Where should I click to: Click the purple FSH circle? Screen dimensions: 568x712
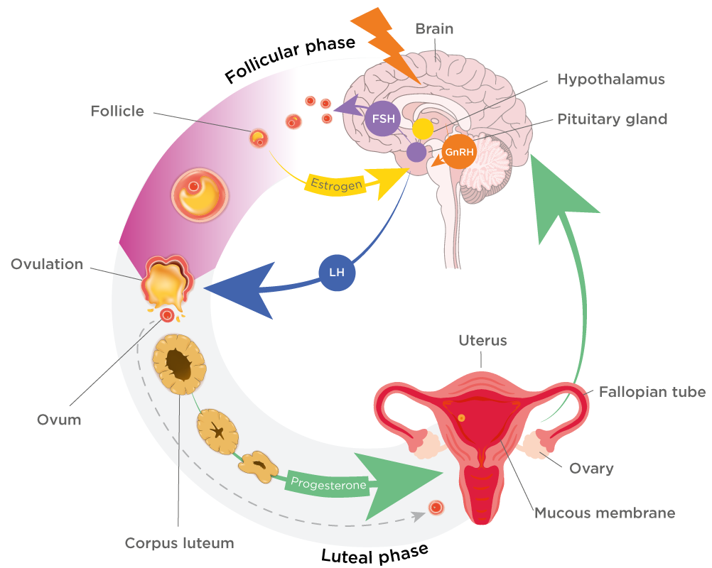click(382, 119)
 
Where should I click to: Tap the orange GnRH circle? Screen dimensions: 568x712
click(459, 152)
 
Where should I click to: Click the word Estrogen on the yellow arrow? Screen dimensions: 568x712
click(336, 185)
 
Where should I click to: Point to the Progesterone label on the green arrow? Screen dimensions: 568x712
click(328, 485)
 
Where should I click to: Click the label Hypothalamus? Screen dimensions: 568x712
click(611, 80)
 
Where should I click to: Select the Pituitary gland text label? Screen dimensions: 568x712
click(612, 119)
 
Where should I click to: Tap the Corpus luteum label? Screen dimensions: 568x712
click(179, 543)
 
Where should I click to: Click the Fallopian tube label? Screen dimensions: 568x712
click(652, 391)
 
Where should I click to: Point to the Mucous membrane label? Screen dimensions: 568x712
click(605, 512)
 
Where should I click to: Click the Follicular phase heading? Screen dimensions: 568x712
click(289, 61)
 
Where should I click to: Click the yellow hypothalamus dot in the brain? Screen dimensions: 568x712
click(423, 129)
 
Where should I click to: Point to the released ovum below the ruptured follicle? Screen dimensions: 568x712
click(168, 315)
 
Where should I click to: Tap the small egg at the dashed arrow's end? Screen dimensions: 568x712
click(436, 508)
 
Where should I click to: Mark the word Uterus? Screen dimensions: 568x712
click(483, 341)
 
